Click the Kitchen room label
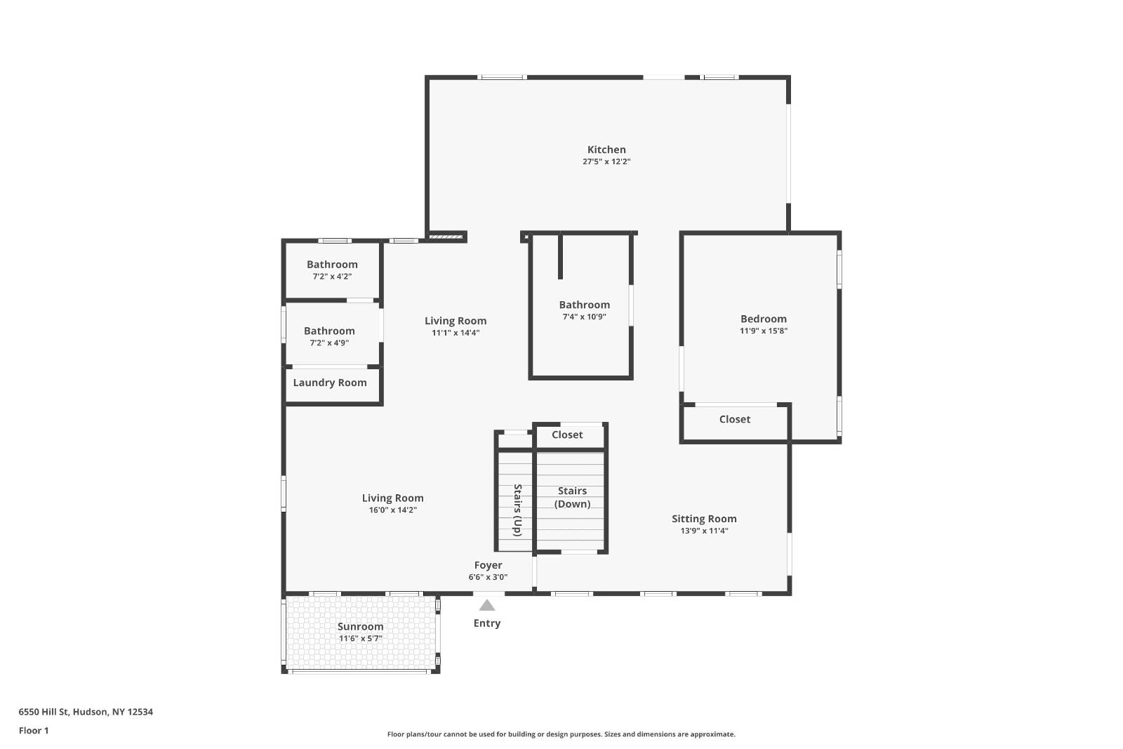pyautogui.click(x=606, y=150)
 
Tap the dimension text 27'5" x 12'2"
pyautogui.click(x=606, y=161)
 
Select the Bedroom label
pyautogui.click(x=763, y=319)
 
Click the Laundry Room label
pyautogui.click(x=329, y=383)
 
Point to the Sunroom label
pyautogui.click(x=360, y=627)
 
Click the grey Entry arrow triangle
pyautogui.click(x=486, y=605)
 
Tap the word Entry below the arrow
pyautogui.click(x=486, y=623)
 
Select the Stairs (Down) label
pyautogui.click(x=572, y=497)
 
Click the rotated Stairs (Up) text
pyautogui.click(x=518, y=510)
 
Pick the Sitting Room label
pyautogui.click(x=704, y=519)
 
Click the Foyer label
pyautogui.click(x=488, y=565)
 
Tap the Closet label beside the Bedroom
pyautogui.click(x=734, y=419)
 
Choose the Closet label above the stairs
pyautogui.click(x=566, y=435)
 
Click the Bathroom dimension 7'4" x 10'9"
pyautogui.click(x=584, y=317)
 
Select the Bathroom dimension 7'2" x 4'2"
pyautogui.click(x=332, y=277)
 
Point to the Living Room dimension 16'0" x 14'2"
pyautogui.click(x=392, y=510)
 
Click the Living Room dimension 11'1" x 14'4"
pyautogui.click(x=455, y=333)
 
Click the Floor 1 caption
pyautogui.click(x=34, y=731)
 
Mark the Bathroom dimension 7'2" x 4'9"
pyautogui.click(x=329, y=343)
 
